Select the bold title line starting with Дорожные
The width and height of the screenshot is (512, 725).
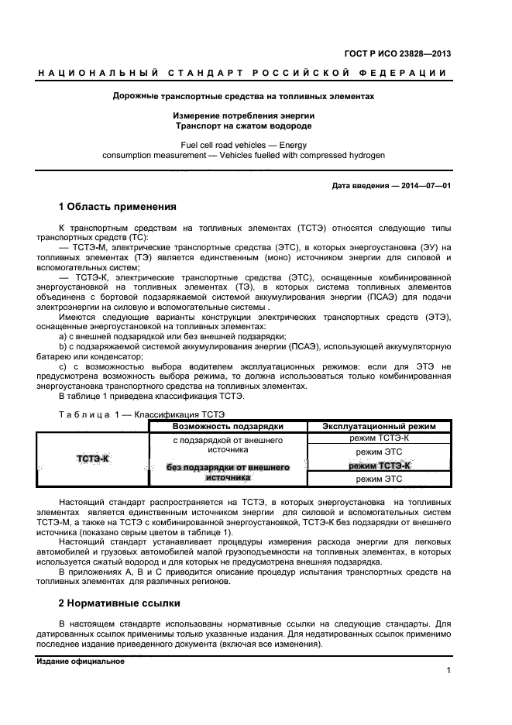tap(243, 98)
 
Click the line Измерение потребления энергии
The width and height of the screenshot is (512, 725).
tap(243, 115)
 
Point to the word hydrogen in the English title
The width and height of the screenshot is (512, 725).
tap(362, 154)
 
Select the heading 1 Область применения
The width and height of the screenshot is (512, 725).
tap(118, 207)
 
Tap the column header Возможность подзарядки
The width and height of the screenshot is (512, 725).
tap(227, 426)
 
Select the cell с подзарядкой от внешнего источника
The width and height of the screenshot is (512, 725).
tap(227, 445)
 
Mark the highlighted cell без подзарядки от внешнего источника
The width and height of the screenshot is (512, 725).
tap(227, 472)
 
